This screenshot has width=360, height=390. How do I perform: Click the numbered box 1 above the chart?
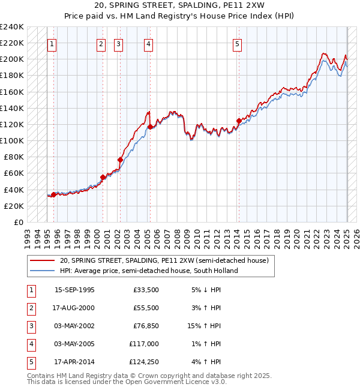(x=52, y=44)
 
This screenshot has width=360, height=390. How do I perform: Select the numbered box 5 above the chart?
(x=238, y=44)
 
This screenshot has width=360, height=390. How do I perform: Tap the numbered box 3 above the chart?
(x=118, y=44)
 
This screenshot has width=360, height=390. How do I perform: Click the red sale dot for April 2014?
(x=239, y=121)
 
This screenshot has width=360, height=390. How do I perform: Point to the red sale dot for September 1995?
(x=53, y=194)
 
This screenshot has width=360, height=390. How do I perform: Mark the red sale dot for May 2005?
(x=149, y=127)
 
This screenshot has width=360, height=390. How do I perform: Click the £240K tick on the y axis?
(x=12, y=26)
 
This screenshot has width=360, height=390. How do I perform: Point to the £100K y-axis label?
(x=12, y=140)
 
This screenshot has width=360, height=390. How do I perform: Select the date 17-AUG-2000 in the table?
(x=74, y=307)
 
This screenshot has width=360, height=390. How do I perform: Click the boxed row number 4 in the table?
(x=31, y=344)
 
